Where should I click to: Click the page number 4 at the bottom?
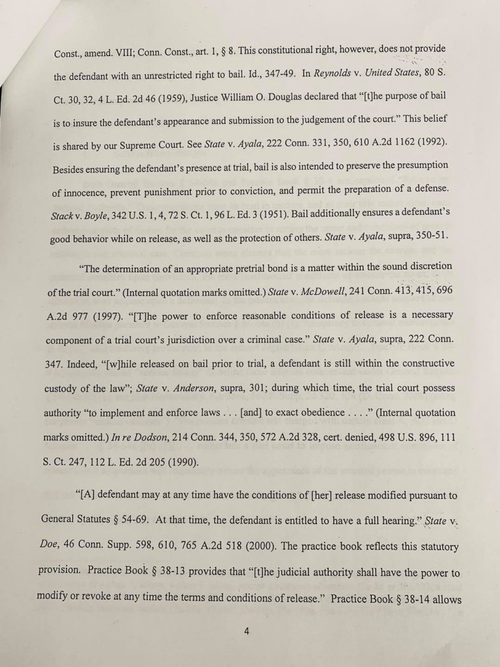pyautogui.click(x=247, y=630)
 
